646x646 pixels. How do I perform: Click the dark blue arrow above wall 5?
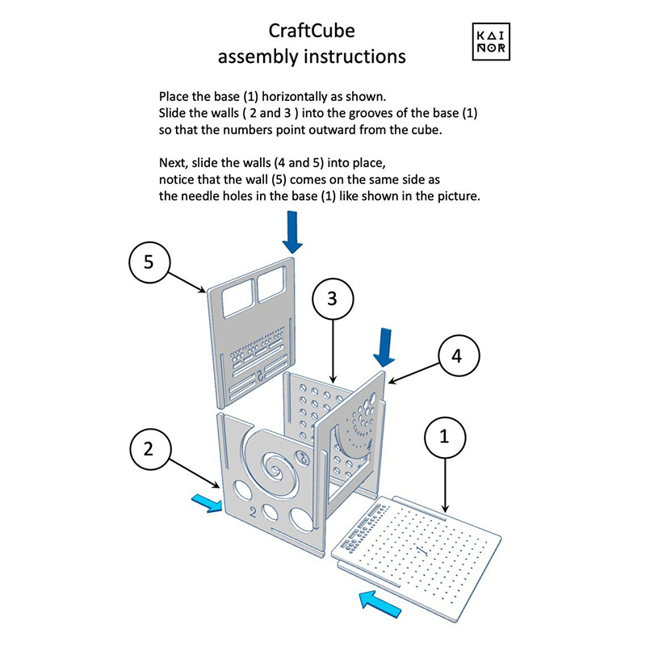(293, 231)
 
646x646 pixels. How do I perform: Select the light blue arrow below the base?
(381, 602)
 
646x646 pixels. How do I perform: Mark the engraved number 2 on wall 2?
(253, 510)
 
